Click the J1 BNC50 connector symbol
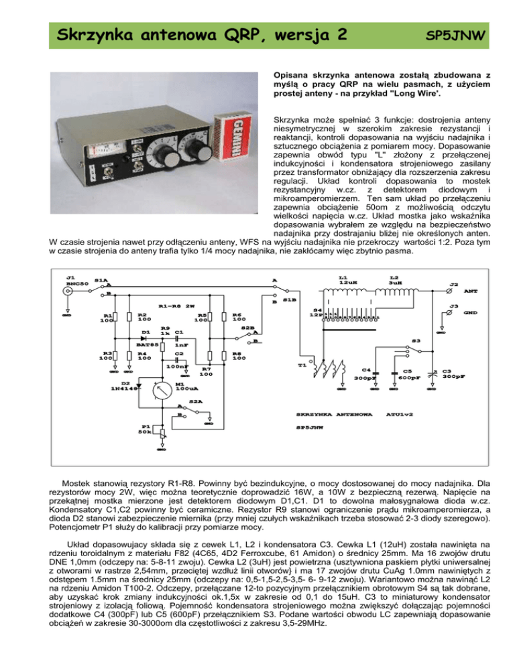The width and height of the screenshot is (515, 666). point(66,292)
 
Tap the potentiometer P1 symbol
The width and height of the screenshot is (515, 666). point(160,431)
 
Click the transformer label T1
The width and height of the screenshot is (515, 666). point(302,364)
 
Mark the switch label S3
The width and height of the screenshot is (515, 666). point(416,340)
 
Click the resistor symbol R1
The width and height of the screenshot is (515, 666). point(117,318)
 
